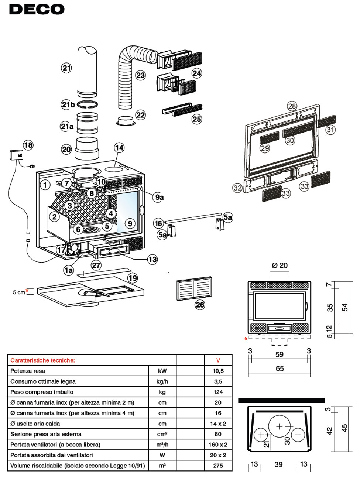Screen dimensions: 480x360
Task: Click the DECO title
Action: coord(37,9)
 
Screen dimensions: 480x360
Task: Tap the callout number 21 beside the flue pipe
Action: coord(66,68)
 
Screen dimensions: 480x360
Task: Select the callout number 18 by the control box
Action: coord(28,145)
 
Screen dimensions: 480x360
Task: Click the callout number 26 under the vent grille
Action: coord(200,305)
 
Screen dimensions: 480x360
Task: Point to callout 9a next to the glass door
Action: coord(159,197)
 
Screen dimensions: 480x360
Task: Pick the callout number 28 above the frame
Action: coord(292,106)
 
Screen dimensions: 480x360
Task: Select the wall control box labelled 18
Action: coord(16,154)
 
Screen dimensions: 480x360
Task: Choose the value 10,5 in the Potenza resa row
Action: coord(218,371)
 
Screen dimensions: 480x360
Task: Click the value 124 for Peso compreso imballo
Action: coord(218,392)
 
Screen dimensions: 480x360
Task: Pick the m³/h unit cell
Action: coord(162,445)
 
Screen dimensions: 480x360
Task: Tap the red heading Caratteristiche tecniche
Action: coord(42,360)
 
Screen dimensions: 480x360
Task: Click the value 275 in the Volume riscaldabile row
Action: coord(218,466)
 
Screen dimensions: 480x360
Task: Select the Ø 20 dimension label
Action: coord(280,265)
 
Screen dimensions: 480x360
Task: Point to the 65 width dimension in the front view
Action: coord(280,368)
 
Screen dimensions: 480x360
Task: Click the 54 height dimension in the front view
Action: coord(345,307)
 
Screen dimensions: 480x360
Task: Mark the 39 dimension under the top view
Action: coord(279,464)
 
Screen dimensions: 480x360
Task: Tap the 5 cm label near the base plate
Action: coord(19,292)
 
